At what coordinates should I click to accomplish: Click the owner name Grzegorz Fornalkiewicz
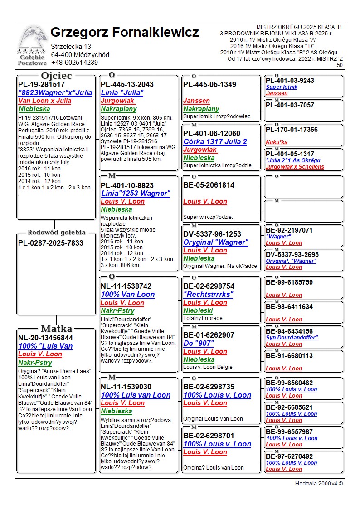[x=125, y=33]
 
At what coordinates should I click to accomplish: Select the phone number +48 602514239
[x=74, y=63]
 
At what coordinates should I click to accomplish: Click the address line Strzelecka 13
[x=71, y=47]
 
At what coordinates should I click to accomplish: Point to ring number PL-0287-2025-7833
[x=51, y=243]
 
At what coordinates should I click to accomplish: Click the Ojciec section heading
[x=56, y=76]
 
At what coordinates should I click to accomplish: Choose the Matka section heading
[x=56, y=329]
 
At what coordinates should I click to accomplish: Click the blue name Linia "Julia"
[x=122, y=92]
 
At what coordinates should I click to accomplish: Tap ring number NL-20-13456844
[x=45, y=338]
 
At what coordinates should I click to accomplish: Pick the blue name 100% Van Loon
[x=127, y=295]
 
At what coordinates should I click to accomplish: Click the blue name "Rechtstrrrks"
[x=208, y=295]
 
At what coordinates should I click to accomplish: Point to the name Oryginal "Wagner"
[x=215, y=242]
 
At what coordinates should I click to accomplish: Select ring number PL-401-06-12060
[x=212, y=133]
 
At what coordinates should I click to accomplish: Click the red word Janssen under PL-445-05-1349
[x=196, y=101]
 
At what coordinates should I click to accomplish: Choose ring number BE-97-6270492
[x=289, y=456]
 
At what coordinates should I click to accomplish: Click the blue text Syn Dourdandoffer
[x=292, y=338]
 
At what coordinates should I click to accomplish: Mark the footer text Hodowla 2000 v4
[x=319, y=484]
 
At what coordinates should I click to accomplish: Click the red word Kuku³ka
[x=277, y=142]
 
